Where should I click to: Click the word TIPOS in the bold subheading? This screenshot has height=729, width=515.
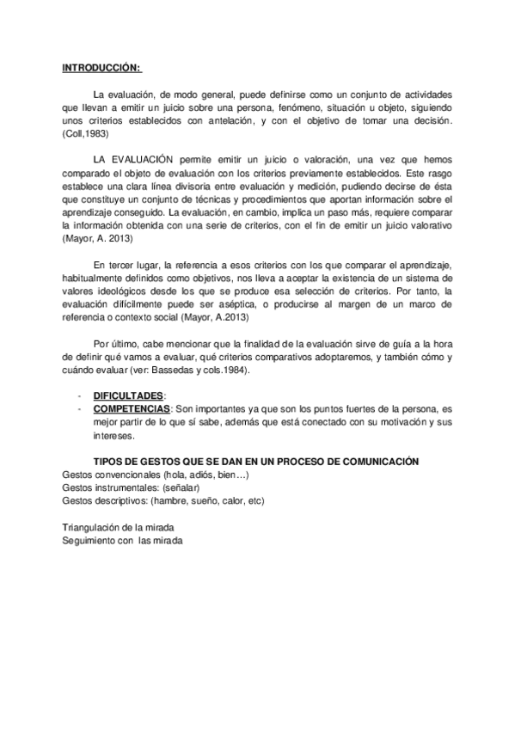pos(106,462)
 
